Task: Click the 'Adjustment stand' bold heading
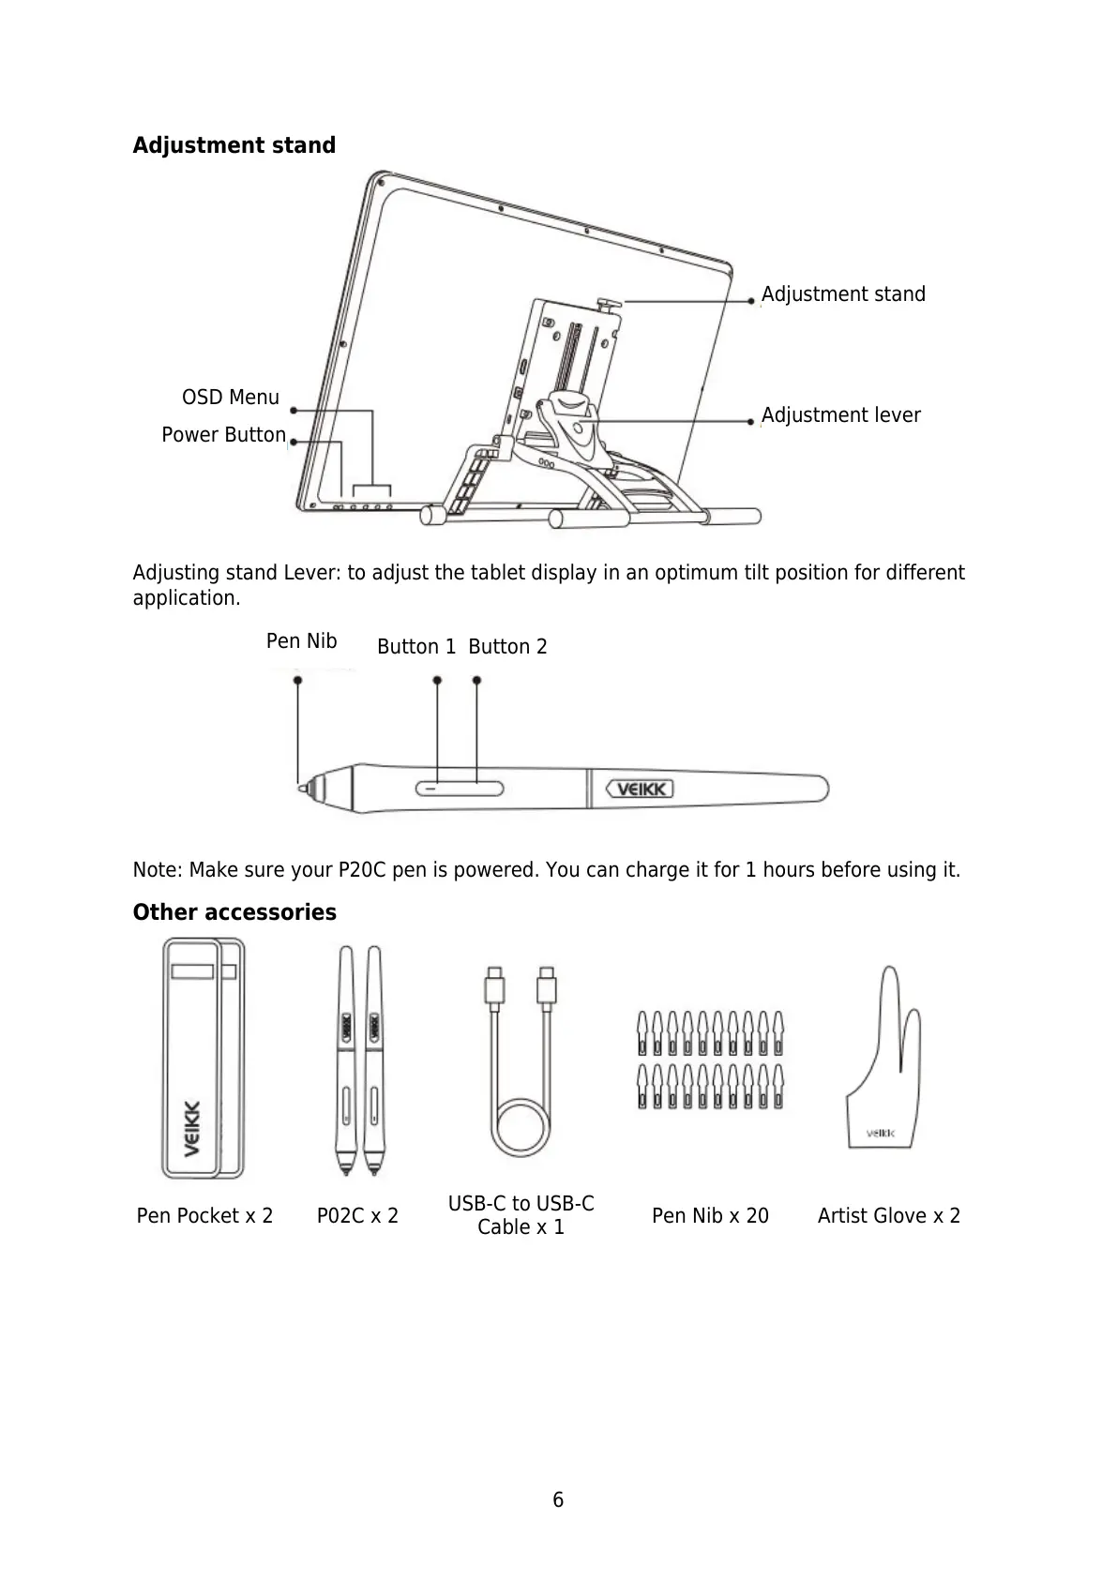(234, 145)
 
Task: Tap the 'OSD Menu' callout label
(230, 398)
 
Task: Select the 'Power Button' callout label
(223, 435)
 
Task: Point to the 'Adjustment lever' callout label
(840, 415)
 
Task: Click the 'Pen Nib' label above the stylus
(301, 641)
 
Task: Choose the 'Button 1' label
(415, 647)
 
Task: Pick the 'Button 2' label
(507, 647)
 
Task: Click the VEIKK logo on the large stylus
(642, 789)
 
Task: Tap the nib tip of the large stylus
(302, 789)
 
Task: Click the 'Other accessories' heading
(234, 912)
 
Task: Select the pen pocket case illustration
(203, 1059)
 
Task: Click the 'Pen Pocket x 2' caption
(204, 1216)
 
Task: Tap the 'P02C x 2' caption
(357, 1216)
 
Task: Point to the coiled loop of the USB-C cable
(521, 1129)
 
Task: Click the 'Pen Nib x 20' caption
(710, 1216)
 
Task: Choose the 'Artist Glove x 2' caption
(888, 1216)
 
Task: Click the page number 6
(558, 1500)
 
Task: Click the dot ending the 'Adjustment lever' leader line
(751, 423)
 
